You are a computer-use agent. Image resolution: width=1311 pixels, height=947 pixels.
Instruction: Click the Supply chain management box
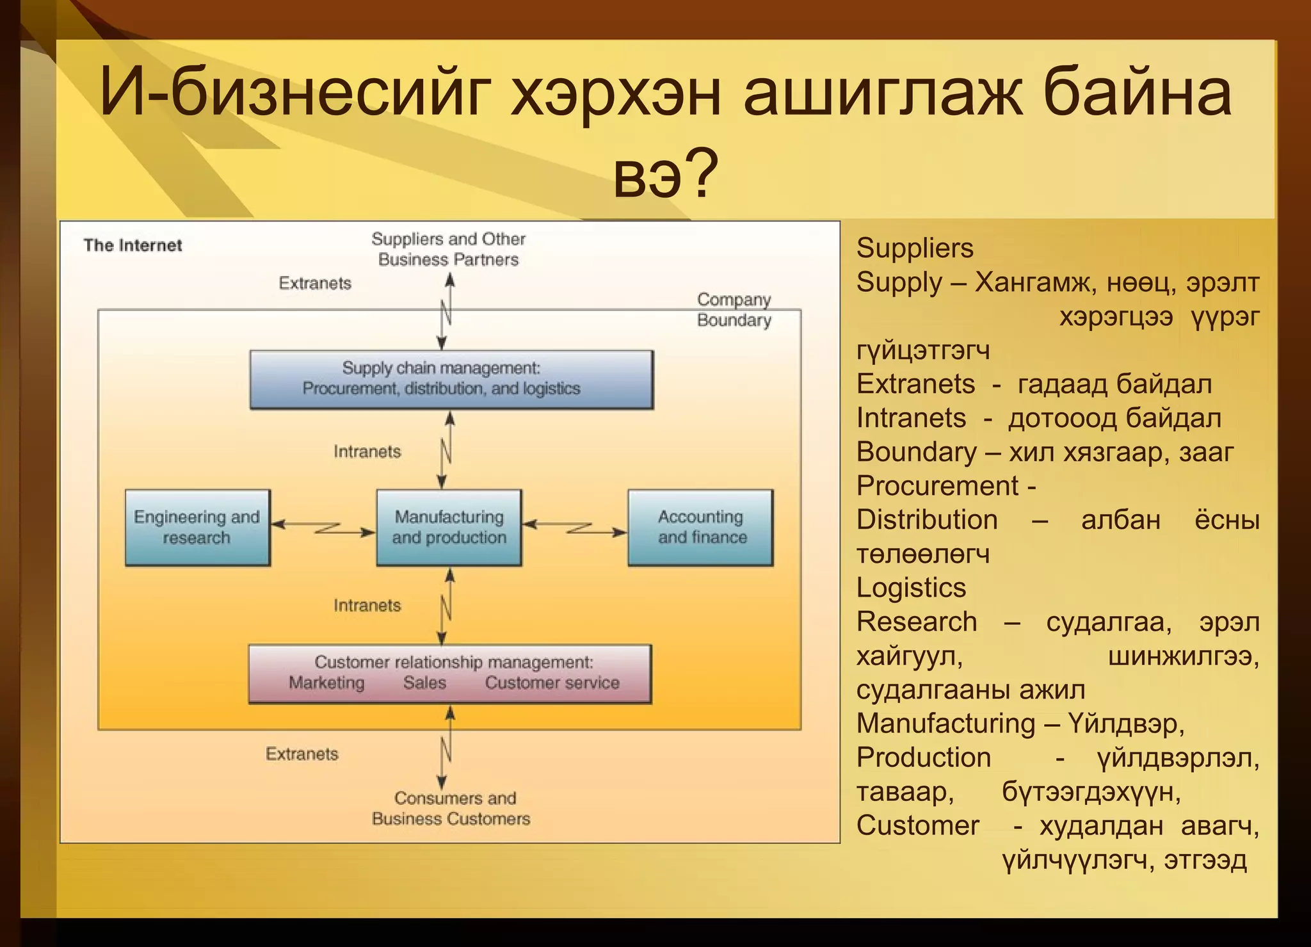pos(451,379)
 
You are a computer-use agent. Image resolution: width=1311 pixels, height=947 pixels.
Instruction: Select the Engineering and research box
pos(197,528)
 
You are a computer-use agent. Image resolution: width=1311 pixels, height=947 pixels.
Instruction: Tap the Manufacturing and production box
pos(449,528)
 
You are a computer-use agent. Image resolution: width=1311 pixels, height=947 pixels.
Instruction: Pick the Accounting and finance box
pos(700,528)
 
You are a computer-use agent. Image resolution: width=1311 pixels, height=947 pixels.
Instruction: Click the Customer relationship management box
pos(449,674)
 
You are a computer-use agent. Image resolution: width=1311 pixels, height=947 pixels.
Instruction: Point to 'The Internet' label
pos(133,245)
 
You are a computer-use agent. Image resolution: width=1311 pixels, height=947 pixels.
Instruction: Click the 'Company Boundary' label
pos(734,310)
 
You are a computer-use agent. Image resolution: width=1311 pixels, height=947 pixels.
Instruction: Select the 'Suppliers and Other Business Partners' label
pos(448,249)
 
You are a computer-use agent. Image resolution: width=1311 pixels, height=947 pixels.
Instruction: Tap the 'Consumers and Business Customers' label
pos(451,808)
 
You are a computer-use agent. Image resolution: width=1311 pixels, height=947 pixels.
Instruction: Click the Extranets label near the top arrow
pos(315,283)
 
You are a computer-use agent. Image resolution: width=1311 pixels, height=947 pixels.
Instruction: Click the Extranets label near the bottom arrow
pos(302,754)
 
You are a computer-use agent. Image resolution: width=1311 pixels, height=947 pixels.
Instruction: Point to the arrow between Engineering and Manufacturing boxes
pos(323,528)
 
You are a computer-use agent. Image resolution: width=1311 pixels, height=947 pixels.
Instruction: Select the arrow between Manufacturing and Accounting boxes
pos(575,528)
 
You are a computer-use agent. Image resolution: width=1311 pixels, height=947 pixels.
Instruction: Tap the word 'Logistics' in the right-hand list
pos(911,588)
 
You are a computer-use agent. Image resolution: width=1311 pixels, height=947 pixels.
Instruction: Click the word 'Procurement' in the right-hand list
pos(937,486)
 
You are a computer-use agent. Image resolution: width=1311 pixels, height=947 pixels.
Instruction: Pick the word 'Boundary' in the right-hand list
pos(916,452)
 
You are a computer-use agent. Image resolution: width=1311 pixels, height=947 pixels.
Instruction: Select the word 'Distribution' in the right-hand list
pos(926,520)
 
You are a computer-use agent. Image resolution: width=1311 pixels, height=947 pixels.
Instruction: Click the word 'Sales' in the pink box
pos(424,683)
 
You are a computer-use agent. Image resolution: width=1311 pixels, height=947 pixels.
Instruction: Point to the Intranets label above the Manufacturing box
pos(367,451)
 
